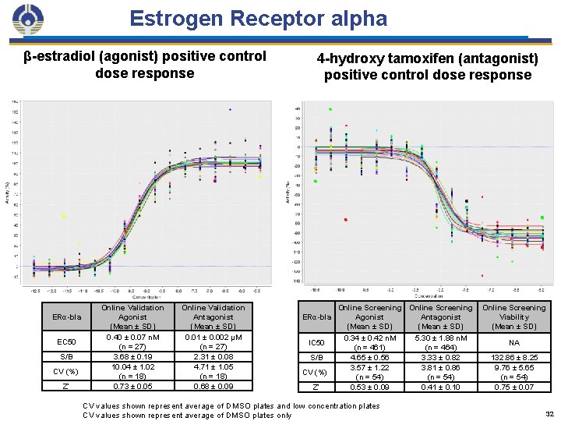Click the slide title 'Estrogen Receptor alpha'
[258, 19]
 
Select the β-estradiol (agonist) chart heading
[145, 65]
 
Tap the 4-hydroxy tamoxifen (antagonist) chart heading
[427, 67]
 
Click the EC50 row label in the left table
[66, 342]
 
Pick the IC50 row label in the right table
[316, 342]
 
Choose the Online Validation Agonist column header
[132, 317]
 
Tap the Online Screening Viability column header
[513, 317]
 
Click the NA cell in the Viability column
[513, 342]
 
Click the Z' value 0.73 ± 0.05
[132, 386]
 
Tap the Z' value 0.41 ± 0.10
[441, 387]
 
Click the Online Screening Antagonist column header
[441, 317]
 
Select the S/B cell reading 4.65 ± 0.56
[369, 357]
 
